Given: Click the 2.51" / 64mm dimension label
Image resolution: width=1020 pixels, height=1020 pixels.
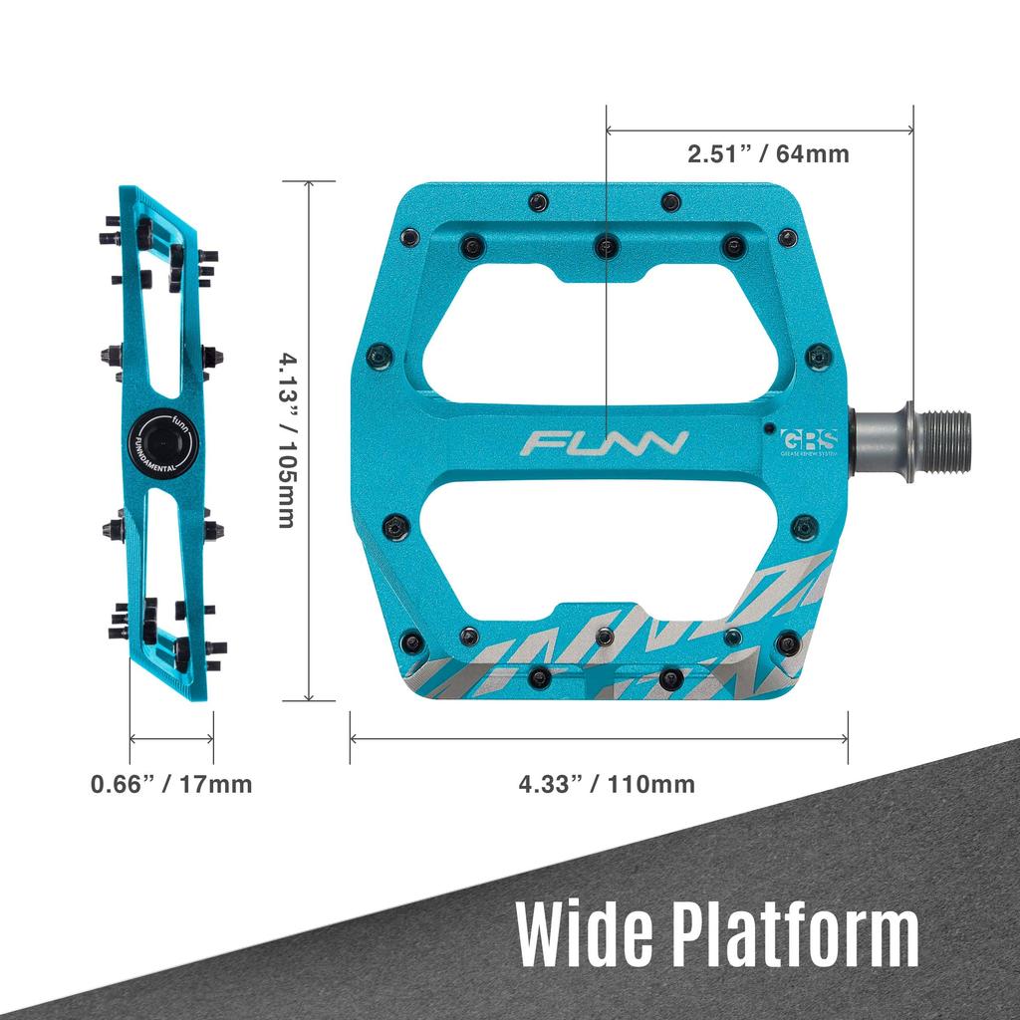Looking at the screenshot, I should pos(767,154).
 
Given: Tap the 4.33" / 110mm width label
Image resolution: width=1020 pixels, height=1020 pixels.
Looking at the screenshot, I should pos(607,783).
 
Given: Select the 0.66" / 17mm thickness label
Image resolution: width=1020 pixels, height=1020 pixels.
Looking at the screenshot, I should pos(171,784).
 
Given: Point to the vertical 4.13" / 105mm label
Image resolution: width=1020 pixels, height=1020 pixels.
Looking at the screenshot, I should pos(286,439).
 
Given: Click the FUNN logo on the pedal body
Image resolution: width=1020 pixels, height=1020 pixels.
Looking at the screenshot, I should pos(606,442).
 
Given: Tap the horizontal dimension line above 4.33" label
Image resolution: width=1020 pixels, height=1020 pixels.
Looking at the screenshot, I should pos(598,738).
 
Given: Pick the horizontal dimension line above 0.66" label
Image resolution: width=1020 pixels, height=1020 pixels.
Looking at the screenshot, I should pos(171,738).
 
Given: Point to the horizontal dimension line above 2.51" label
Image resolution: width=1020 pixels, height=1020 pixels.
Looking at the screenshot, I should pos(759,129).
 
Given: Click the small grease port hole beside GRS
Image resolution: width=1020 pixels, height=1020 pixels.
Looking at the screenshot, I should pos(769,428).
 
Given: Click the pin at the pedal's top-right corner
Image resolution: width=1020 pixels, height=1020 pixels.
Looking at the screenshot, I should pos(787,237).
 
